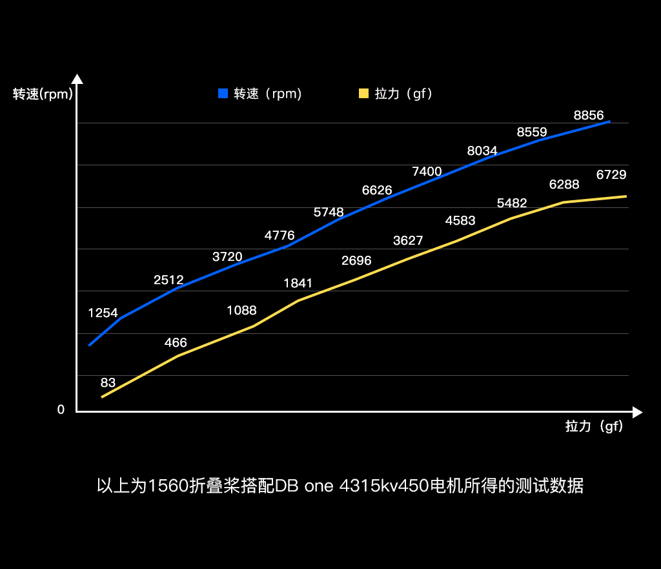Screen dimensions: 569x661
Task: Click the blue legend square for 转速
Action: (x=223, y=94)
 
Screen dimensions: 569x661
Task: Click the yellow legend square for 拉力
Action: (x=363, y=94)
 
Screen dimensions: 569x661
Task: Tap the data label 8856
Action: (x=589, y=116)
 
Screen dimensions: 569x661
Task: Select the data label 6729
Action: (x=611, y=174)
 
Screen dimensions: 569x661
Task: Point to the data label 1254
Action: (x=103, y=313)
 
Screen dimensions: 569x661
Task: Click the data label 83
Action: (x=108, y=382)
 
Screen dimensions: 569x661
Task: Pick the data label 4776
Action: (x=280, y=235)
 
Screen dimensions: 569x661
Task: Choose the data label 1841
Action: (x=298, y=283)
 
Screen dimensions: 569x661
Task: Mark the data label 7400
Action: (x=427, y=171)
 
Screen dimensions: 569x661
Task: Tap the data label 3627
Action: (x=408, y=241)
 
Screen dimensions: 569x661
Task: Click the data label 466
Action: (x=176, y=342)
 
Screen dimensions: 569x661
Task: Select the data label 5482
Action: (x=512, y=203)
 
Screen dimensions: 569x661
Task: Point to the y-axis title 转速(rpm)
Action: (x=43, y=94)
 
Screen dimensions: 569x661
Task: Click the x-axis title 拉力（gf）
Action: (x=595, y=426)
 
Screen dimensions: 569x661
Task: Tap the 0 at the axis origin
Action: (x=61, y=409)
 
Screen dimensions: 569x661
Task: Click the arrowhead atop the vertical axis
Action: (x=77, y=79)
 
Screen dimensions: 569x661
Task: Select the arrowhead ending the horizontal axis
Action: (x=638, y=412)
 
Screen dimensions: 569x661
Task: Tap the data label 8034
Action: (x=482, y=151)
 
